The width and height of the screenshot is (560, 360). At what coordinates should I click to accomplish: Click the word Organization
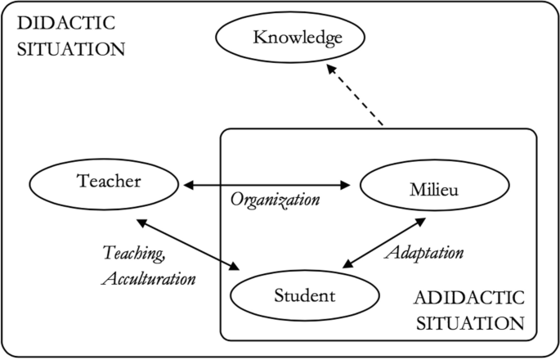tap(273, 199)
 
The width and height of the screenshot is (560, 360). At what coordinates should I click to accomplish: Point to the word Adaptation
tap(423, 252)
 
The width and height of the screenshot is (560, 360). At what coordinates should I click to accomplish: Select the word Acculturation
tap(149, 277)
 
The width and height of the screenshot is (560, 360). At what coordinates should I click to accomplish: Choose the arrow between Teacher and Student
tap(190, 244)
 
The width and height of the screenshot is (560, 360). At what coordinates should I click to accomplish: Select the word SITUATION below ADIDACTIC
tap(469, 322)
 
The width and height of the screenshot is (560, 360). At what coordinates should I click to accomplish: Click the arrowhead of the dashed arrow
tap(329, 72)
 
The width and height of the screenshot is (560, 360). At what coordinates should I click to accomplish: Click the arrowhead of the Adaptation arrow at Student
tap(346, 263)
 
